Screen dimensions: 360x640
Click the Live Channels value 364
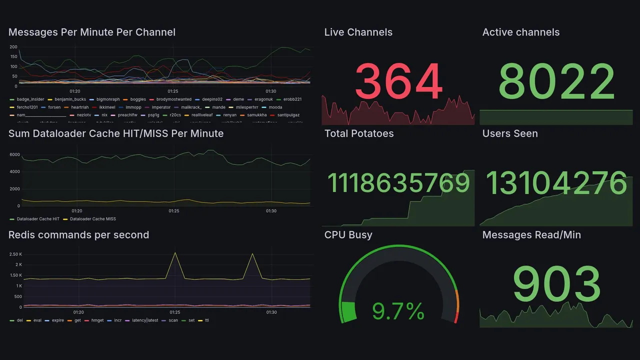[x=398, y=81]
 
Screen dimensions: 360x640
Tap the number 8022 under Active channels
[x=556, y=81]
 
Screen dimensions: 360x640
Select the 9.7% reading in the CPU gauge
[x=398, y=312]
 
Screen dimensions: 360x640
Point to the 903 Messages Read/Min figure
[x=556, y=284]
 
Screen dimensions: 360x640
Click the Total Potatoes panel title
[x=358, y=133]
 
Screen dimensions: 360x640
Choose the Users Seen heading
[x=509, y=133]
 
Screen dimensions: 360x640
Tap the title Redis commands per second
[x=78, y=235]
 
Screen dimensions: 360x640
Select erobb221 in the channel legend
[x=292, y=99]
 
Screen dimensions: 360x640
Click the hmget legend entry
[x=97, y=320]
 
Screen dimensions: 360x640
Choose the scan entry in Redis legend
[x=173, y=320]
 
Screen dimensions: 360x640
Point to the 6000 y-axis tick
[x=14, y=154]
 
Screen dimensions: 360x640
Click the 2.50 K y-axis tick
[x=15, y=254]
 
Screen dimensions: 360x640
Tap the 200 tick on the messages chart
[x=13, y=47]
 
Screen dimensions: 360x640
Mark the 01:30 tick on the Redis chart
[x=271, y=312]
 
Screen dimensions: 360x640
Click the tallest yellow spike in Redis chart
[x=175, y=253]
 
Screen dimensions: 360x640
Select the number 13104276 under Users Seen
[x=556, y=183]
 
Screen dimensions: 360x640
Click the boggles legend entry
[x=138, y=99]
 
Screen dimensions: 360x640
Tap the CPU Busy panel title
[x=348, y=235]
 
